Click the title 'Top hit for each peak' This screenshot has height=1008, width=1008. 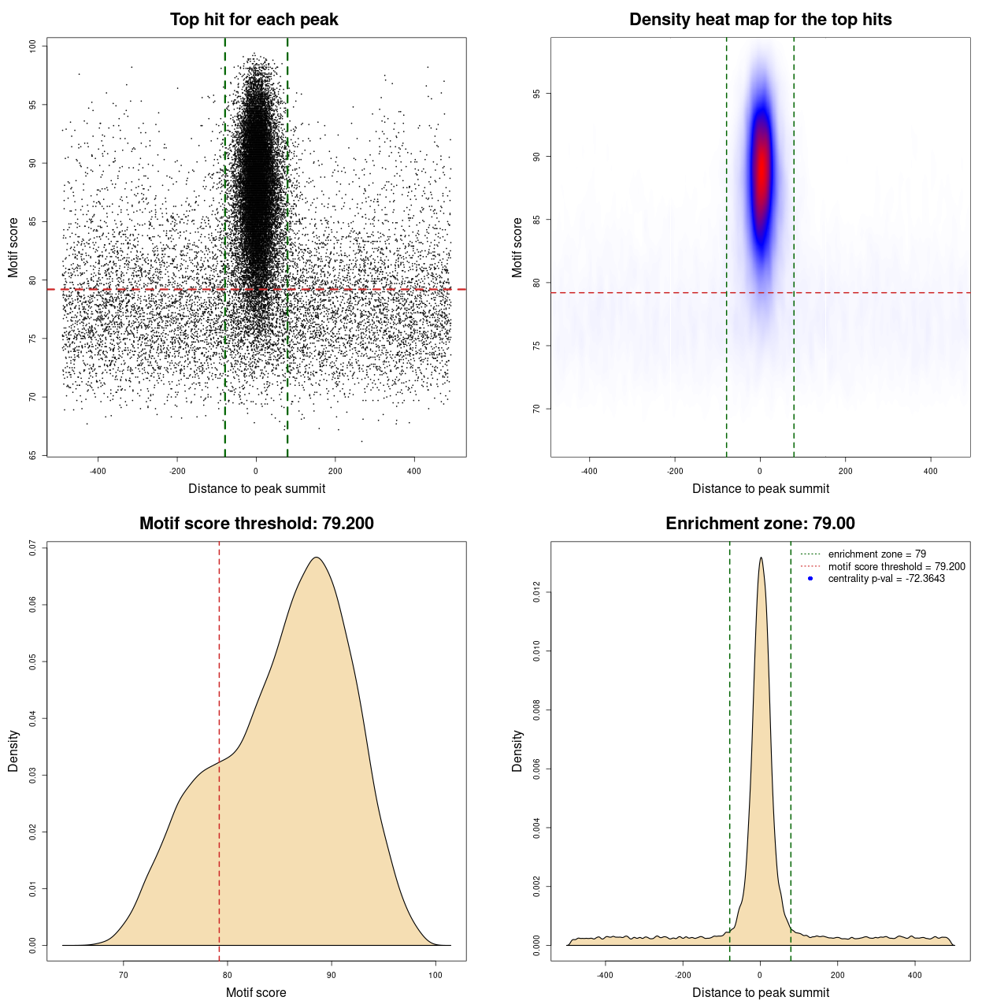(x=254, y=20)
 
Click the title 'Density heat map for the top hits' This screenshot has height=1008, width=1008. (x=760, y=20)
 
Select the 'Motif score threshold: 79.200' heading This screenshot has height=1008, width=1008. (x=256, y=524)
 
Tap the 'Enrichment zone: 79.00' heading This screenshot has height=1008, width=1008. (x=760, y=524)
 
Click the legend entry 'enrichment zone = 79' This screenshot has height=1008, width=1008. (x=876, y=554)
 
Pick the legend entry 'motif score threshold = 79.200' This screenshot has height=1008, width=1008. (x=896, y=566)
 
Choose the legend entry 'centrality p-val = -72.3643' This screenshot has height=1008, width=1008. (x=886, y=579)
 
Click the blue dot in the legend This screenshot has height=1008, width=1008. (x=810, y=579)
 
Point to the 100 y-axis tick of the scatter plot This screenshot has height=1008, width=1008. (x=33, y=46)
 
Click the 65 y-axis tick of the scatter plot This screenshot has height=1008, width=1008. (x=33, y=455)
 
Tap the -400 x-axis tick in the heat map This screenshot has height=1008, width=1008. (x=589, y=471)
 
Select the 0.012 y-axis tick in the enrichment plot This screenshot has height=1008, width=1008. (x=537, y=592)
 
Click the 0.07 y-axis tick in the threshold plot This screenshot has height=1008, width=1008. (x=33, y=547)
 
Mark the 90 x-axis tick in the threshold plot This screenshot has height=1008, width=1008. (x=332, y=975)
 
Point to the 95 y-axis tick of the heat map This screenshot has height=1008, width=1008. (x=537, y=94)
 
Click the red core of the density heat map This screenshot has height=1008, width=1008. (x=761, y=169)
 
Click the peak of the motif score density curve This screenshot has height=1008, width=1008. (x=317, y=558)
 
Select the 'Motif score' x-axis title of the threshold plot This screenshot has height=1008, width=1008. (x=256, y=992)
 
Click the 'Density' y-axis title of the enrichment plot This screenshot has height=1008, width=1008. (x=517, y=750)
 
